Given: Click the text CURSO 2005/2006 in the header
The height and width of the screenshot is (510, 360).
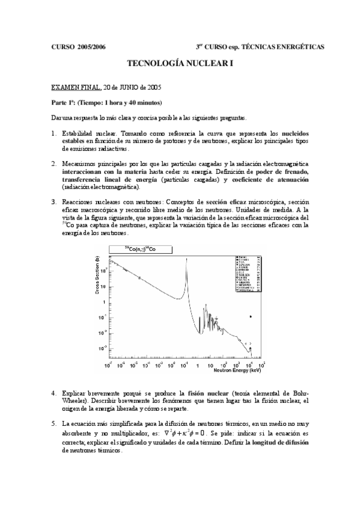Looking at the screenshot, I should (75, 46).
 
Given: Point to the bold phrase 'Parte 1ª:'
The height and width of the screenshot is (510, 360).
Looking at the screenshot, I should (65, 102).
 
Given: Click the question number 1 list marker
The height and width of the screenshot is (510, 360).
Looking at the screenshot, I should (53, 132).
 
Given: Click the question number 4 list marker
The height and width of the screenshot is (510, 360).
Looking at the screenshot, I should (53, 393).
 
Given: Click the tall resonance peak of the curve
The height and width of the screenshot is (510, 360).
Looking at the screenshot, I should (188, 260).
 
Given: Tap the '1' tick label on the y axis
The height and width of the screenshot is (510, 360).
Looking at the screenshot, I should (104, 302).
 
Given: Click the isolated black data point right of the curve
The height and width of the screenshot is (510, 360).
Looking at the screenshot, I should (251, 316).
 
